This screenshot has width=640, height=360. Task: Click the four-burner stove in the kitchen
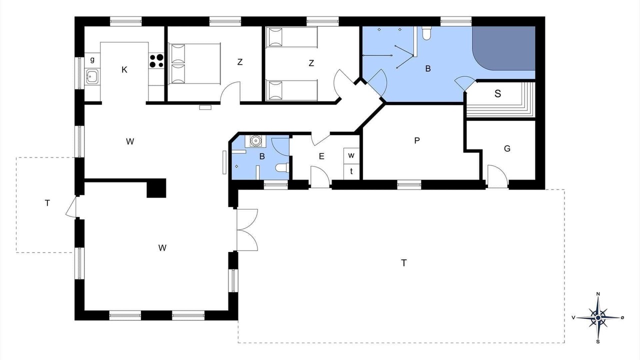(x=156, y=61)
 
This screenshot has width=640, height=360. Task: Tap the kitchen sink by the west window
(x=92, y=76)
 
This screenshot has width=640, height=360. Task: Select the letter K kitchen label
(x=124, y=69)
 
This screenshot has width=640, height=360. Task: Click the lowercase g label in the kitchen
(x=92, y=60)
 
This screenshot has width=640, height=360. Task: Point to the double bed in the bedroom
(x=194, y=63)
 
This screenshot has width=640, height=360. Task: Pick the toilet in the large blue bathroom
(x=426, y=33)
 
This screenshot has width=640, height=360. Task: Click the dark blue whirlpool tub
(x=503, y=48)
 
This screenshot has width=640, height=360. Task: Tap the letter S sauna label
(x=497, y=93)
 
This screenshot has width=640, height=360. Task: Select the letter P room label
(x=417, y=140)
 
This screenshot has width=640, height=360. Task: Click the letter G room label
(x=507, y=148)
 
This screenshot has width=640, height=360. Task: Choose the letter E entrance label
(x=321, y=156)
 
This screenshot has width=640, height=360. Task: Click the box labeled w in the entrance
(x=351, y=155)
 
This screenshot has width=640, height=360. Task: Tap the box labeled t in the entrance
(x=351, y=171)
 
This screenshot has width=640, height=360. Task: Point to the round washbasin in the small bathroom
(x=255, y=141)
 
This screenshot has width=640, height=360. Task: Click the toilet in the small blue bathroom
(x=282, y=167)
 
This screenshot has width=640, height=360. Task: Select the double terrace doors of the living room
(x=247, y=230)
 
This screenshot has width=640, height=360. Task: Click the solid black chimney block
(x=156, y=188)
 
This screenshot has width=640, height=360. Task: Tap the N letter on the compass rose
(x=597, y=294)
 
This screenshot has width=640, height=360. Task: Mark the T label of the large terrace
(x=403, y=263)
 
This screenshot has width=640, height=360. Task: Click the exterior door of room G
(x=497, y=176)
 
